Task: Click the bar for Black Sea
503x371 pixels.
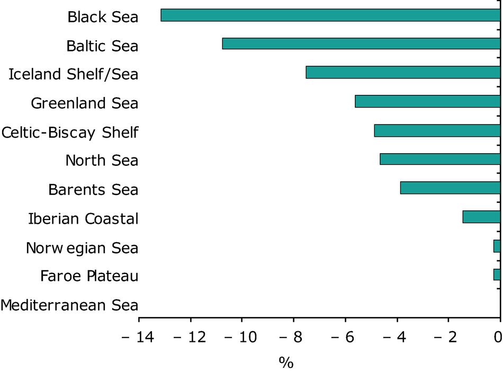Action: (x=330, y=15)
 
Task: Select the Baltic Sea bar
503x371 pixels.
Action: (x=361, y=43)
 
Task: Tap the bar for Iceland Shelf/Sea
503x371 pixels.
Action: (x=403, y=72)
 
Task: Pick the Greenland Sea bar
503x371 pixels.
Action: (x=428, y=101)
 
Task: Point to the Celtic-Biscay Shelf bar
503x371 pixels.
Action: (x=437, y=130)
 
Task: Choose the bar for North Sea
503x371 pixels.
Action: (x=440, y=159)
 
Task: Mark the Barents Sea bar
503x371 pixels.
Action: (x=450, y=188)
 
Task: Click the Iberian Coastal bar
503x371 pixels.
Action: (x=481, y=217)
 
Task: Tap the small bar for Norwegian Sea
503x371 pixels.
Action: (x=497, y=246)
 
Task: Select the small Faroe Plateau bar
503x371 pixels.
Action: (x=497, y=275)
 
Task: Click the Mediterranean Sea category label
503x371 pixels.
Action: (x=69, y=305)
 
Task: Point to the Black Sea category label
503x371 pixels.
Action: (x=103, y=17)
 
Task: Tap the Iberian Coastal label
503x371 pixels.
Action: (x=83, y=218)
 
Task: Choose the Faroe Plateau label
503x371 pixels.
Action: (x=89, y=276)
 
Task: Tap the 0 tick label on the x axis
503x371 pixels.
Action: (x=498, y=336)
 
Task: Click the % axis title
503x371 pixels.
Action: (x=286, y=362)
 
